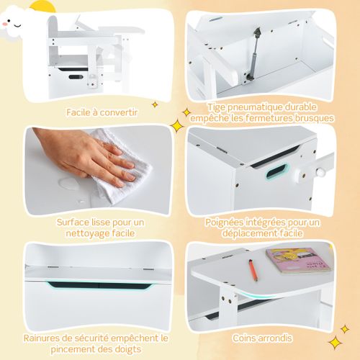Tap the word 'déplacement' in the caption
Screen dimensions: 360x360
[x=245, y=233]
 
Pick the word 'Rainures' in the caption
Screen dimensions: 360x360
[x=40, y=337]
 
